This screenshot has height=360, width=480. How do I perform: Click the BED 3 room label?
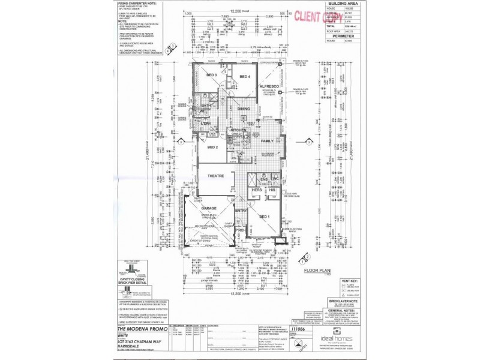click(211, 75)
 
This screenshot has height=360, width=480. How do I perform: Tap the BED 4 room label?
click(244, 77)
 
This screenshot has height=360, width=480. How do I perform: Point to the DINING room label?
click(243, 109)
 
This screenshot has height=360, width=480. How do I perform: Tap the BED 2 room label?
click(212, 146)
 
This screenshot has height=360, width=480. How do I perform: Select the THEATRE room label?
click(215, 176)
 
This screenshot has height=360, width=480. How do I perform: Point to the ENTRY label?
click(241, 211)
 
